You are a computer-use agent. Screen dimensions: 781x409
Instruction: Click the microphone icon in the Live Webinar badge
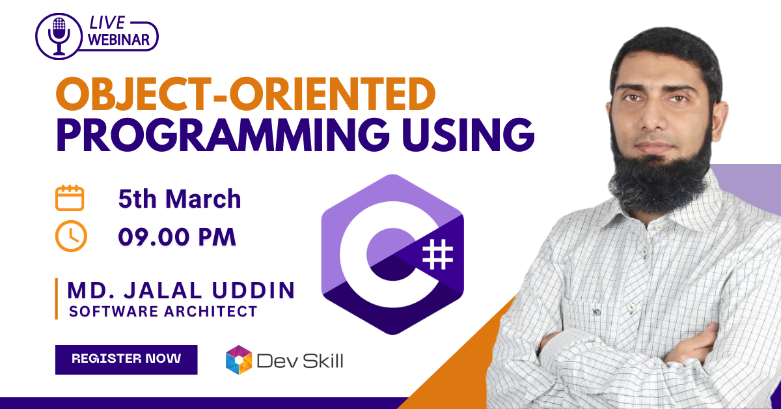coord(59,36)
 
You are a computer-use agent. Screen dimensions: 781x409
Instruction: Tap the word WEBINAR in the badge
coord(118,40)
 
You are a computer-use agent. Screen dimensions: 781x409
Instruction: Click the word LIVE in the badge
coord(107,23)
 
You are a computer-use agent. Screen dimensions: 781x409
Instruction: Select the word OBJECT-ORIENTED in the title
coord(245,94)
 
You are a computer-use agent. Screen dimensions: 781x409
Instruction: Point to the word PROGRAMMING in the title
coord(222,134)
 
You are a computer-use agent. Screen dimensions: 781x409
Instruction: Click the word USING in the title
coord(468,134)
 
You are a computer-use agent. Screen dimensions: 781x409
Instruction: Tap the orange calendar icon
coord(70,198)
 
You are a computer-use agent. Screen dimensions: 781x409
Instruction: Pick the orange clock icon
coord(71,236)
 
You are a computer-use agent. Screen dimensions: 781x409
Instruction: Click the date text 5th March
coord(180,199)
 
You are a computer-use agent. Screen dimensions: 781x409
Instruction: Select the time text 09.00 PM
coord(177,237)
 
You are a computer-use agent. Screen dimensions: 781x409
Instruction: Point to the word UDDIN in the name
coord(253,290)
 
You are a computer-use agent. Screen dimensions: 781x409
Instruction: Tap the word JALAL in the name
coord(163,290)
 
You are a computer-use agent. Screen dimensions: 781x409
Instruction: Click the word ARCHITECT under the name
coord(211,311)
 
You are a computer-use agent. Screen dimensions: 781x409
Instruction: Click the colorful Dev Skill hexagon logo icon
coord(239,360)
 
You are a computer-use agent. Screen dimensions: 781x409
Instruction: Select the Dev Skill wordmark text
coord(300,361)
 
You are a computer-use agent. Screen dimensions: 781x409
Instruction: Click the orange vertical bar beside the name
coord(57,299)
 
